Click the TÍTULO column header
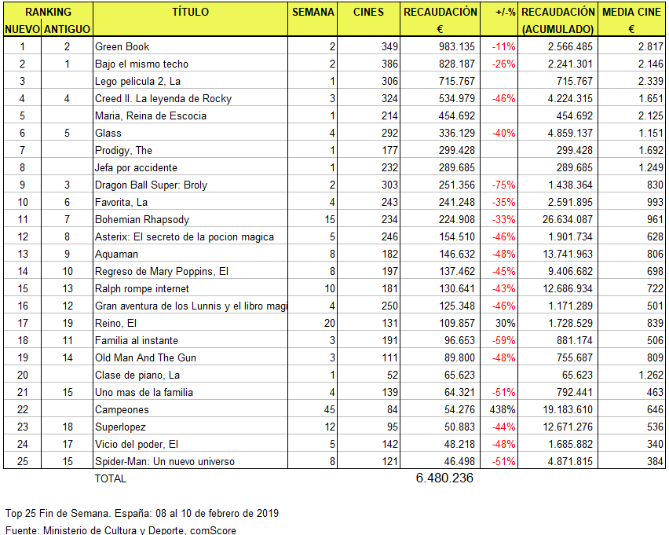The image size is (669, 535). pos(190,12)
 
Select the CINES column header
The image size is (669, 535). pos(368,12)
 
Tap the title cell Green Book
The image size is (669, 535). pos(122,47)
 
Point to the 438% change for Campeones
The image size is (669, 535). pos(503,410)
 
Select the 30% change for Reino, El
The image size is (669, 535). pos(506,324)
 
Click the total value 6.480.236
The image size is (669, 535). pos(444,478)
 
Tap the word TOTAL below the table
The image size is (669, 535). pos(110,478)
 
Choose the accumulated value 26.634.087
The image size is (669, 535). pos(567,220)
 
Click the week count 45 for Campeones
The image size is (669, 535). pos(328,410)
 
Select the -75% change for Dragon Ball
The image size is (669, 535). pos(503,185)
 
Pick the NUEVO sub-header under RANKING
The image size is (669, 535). pos(22,29)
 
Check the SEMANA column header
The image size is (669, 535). pos(313,12)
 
